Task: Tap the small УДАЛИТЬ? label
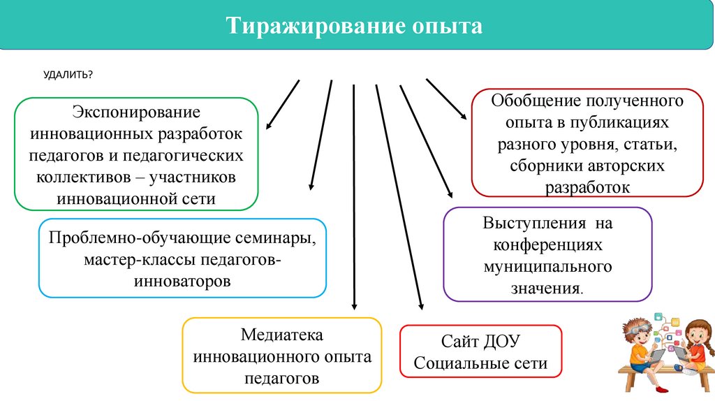click(x=69, y=75)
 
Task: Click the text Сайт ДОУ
click(x=480, y=342)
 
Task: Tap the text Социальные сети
click(x=480, y=364)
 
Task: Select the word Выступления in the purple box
click(x=534, y=224)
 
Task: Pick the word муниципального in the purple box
click(x=547, y=266)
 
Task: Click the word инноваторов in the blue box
click(x=182, y=282)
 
